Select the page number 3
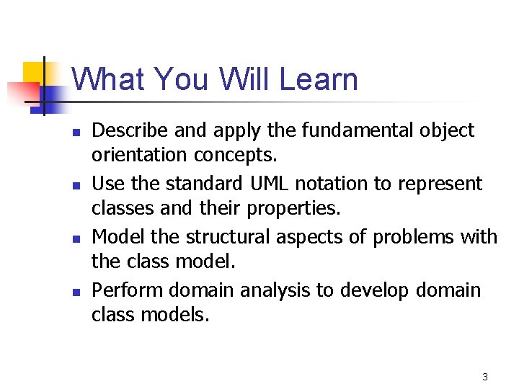[485, 377]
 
